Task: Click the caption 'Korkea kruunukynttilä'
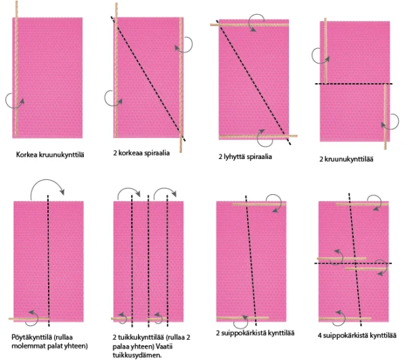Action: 50,155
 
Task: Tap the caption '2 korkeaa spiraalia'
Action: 141,153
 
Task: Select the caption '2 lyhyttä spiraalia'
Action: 245,156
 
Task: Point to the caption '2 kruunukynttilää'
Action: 346,159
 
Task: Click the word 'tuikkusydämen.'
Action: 137,355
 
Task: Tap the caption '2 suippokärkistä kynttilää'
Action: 255,333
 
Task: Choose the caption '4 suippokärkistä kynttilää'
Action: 357,336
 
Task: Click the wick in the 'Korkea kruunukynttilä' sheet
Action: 16,68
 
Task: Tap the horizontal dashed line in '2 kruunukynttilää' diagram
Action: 354,84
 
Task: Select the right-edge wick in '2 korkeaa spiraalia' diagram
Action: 181,85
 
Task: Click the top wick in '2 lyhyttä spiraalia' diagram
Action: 249,25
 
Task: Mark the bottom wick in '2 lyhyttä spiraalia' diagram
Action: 258,136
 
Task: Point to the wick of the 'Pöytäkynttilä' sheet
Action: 28,319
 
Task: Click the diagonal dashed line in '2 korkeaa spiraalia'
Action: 148,78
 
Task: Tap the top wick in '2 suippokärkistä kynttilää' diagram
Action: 259,204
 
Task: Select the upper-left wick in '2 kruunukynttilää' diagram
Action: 325,51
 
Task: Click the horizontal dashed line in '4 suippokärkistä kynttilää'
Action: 353,263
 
